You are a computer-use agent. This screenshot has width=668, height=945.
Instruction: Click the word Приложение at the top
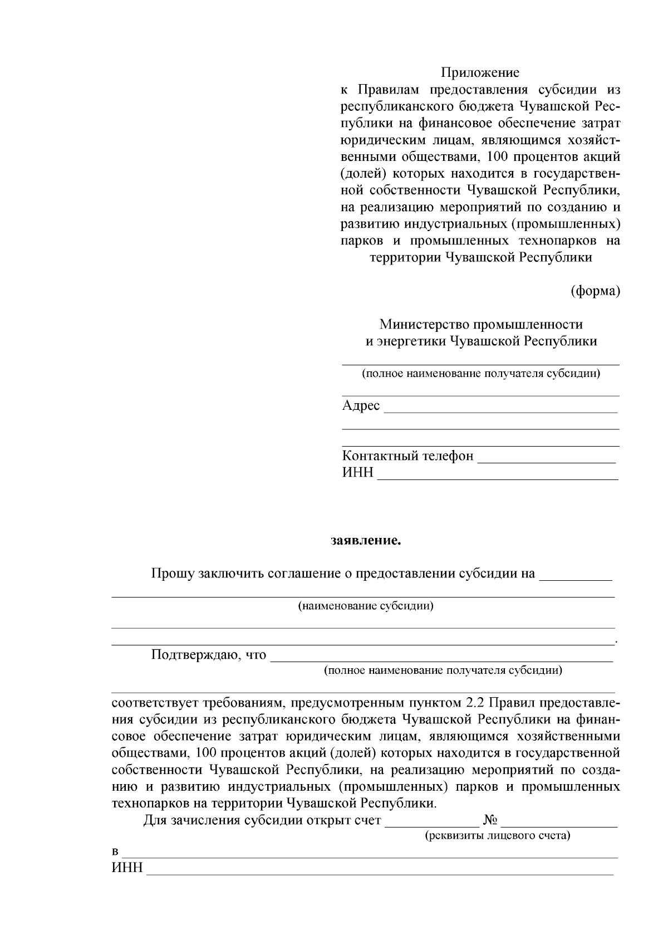[480, 72]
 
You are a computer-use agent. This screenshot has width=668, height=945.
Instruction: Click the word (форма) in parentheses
[595, 291]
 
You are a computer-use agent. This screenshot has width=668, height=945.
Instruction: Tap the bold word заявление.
[366, 540]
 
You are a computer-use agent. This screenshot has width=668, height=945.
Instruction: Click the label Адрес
[361, 405]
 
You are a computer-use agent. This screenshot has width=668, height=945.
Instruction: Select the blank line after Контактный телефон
[547, 461]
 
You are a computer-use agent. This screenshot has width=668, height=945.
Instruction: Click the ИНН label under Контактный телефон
[358, 473]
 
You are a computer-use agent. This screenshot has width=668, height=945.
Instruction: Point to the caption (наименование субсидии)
[366, 606]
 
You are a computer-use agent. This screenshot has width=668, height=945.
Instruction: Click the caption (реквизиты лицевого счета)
[497, 836]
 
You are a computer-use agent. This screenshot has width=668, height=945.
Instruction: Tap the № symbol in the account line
[490, 820]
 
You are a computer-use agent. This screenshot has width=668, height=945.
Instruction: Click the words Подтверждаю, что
[209, 654]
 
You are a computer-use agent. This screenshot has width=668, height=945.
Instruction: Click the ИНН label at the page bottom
[127, 868]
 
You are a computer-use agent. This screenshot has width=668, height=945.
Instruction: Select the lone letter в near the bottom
[115, 853]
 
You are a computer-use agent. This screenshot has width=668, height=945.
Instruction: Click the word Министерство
[424, 324]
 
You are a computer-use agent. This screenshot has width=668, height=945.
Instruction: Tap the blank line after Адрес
[500, 411]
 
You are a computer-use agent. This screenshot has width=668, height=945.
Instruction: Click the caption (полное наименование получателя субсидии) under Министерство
[480, 373]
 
